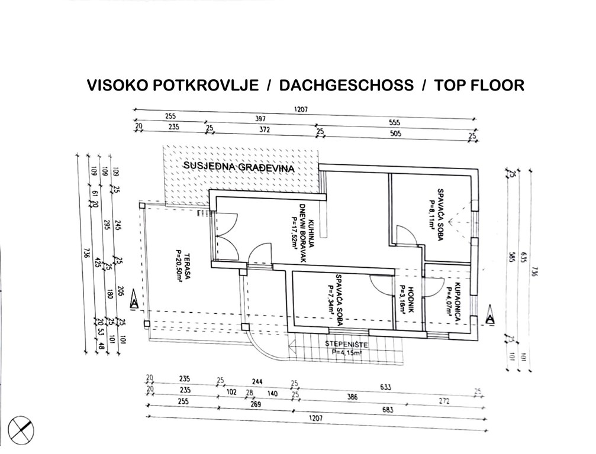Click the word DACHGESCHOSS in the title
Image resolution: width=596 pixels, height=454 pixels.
point(346,86)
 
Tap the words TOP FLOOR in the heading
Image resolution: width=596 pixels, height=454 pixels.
point(479,86)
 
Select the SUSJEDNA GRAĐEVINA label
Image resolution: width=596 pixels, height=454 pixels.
point(239,167)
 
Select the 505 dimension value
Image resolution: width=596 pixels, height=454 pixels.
point(395,134)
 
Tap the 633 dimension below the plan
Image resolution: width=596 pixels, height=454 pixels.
point(385,387)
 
